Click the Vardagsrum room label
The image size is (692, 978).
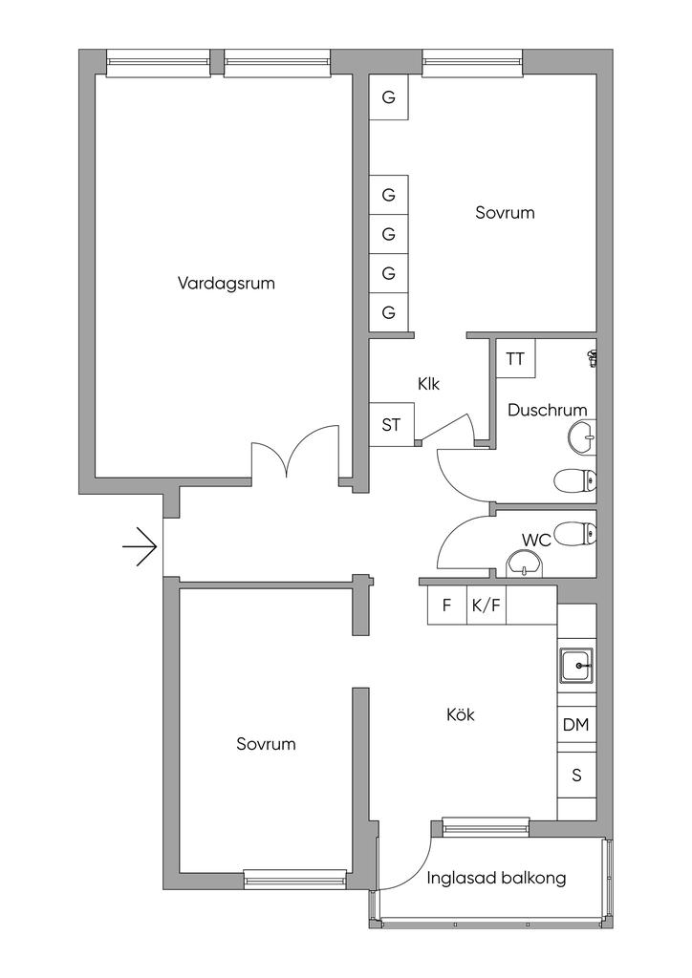pyautogui.click(x=226, y=284)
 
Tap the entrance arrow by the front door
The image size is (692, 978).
pyautogui.click(x=140, y=547)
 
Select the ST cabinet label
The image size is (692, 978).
pyautogui.click(x=391, y=425)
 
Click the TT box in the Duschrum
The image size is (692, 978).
pyautogui.click(x=516, y=359)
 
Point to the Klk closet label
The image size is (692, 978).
pyautogui.click(x=429, y=384)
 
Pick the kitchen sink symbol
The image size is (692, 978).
pyautogui.click(x=576, y=666)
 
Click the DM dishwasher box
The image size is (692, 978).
pyautogui.click(x=576, y=724)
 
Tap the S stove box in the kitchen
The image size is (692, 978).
pyautogui.click(x=576, y=776)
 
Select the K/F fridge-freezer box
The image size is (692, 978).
pyautogui.click(x=487, y=605)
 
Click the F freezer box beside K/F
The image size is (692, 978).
pyautogui.click(x=446, y=605)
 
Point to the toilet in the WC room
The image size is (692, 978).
pyautogui.click(x=575, y=534)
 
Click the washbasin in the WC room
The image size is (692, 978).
pyautogui.click(x=526, y=564)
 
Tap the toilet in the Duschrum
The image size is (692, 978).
pyautogui.click(x=575, y=480)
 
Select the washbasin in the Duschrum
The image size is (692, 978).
pyautogui.click(x=583, y=437)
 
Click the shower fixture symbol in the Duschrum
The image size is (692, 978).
pyautogui.click(x=593, y=358)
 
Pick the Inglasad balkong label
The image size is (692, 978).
pyautogui.click(x=497, y=879)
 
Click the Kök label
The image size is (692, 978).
pyautogui.click(x=461, y=714)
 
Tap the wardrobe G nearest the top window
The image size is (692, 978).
pyautogui.click(x=388, y=97)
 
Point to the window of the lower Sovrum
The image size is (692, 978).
pyautogui.click(x=295, y=880)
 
